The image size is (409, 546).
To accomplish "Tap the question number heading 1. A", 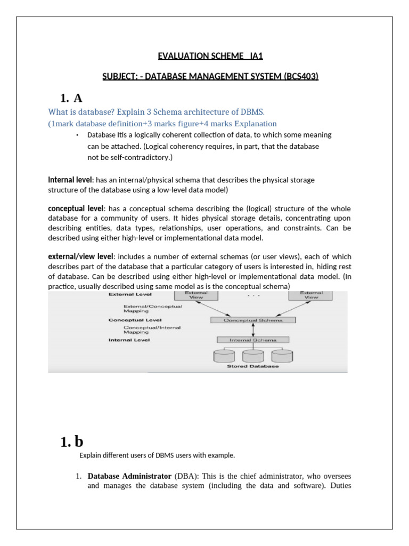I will (72, 98).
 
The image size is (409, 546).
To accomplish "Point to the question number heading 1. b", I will (72, 441).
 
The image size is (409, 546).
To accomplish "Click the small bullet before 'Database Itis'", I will (77, 135).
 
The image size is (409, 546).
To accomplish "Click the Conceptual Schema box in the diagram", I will (246, 320).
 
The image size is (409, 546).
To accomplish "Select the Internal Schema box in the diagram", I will (253, 340).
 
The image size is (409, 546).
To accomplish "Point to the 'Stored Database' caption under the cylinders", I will (253, 366).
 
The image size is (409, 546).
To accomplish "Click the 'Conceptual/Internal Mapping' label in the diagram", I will (145, 330).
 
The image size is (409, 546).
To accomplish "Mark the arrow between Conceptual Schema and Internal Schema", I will (252, 330).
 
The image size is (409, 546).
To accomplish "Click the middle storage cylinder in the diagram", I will (253, 356).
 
